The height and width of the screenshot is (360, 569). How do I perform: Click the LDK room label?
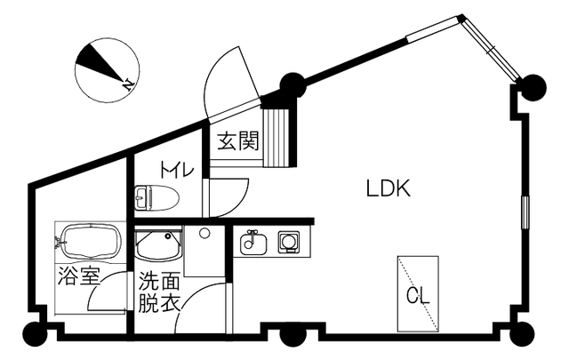[x=387, y=188]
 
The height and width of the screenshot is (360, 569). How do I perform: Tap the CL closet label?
[x=418, y=295]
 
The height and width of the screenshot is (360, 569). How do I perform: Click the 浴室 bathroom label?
[x=78, y=276]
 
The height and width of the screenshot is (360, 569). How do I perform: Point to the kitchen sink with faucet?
[x=253, y=241]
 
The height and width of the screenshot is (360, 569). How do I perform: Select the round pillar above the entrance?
[x=293, y=86]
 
